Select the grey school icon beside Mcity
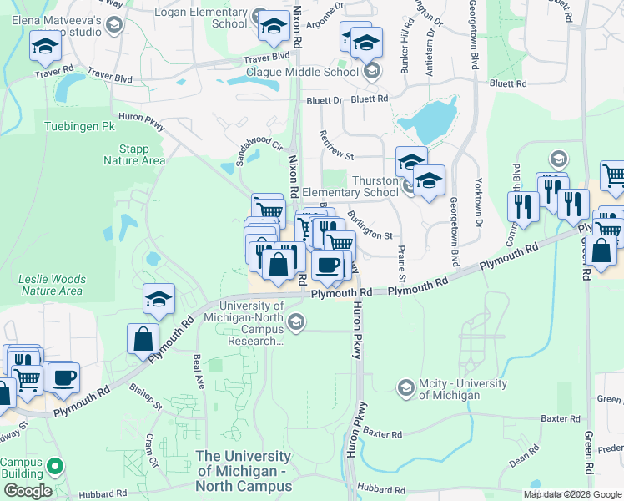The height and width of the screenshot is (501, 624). point(405,387)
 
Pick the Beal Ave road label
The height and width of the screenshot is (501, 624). point(199,371)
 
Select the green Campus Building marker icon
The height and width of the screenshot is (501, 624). point(56,466)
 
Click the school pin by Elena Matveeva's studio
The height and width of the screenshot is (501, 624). point(44,47)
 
